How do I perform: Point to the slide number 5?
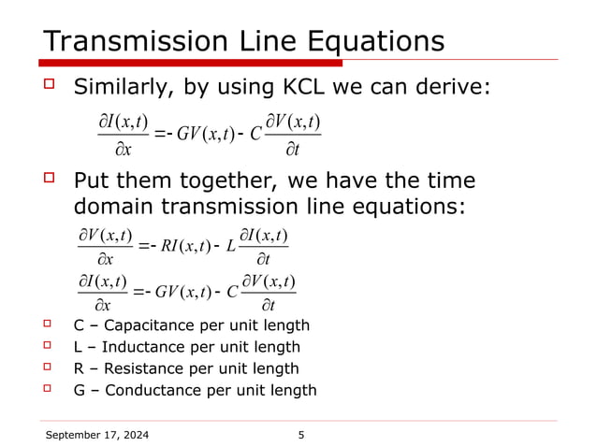(x=300, y=435)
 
